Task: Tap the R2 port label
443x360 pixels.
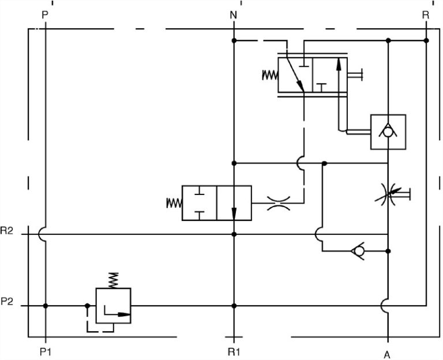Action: pos(7,231)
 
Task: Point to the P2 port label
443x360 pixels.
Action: pos(7,301)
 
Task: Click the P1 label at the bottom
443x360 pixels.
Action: pos(46,350)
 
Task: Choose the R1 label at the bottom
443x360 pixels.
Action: pos(234,350)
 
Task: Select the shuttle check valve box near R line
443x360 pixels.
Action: pos(388,132)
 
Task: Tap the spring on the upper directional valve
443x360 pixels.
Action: pos(270,75)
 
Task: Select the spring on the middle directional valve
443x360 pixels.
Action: pos(174,202)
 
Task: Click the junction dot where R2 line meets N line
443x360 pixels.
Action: pos(234,234)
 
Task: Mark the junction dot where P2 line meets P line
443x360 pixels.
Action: pos(46,306)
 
